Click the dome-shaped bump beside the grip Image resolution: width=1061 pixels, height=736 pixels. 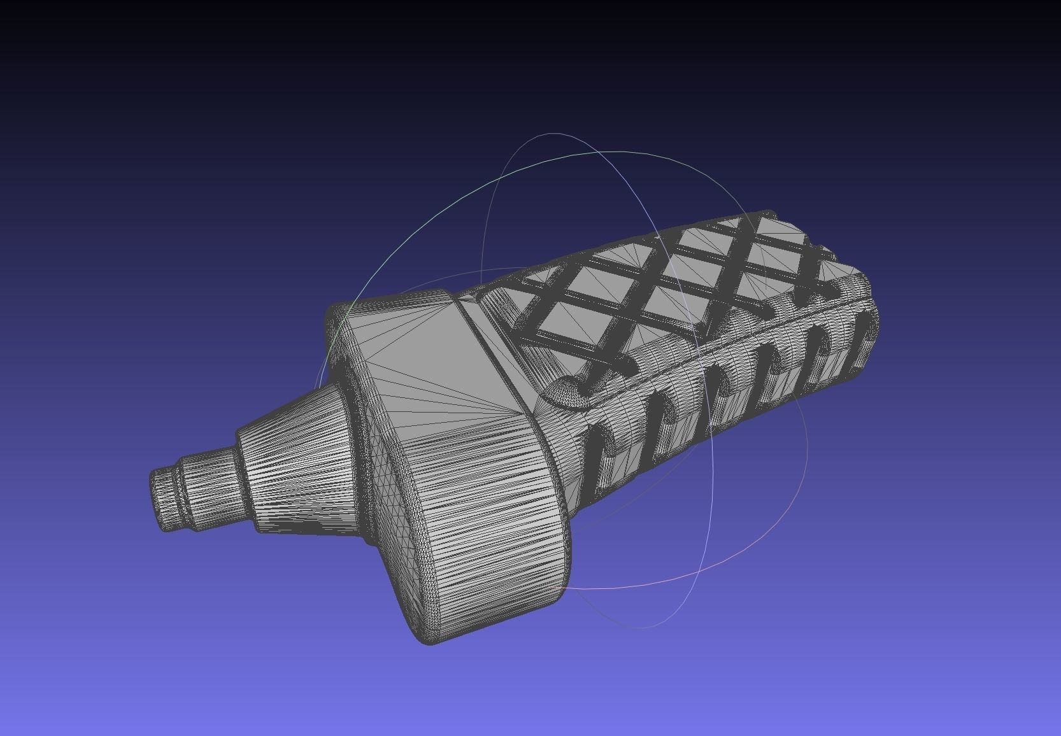[x=570, y=392]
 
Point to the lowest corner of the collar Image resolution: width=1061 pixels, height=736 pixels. [x=430, y=640]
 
